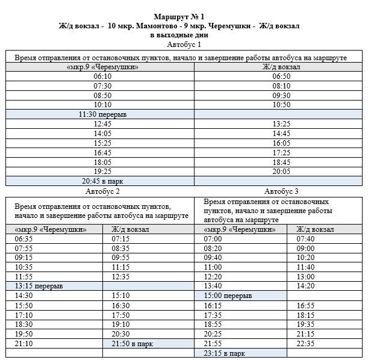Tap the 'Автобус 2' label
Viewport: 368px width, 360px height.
point(102,191)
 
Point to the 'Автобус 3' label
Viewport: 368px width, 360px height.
point(281,191)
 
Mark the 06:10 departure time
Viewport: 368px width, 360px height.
point(102,76)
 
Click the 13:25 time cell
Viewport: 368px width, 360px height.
point(281,124)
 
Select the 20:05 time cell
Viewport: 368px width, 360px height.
point(281,172)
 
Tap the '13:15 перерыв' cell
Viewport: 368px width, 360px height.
point(39,286)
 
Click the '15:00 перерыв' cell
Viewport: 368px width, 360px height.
point(228,296)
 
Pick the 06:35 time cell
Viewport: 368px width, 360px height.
point(23,238)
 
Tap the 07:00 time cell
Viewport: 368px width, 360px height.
point(213,238)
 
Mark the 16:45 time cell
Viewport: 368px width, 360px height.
point(102,152)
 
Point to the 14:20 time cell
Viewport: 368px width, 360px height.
point(305,286)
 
